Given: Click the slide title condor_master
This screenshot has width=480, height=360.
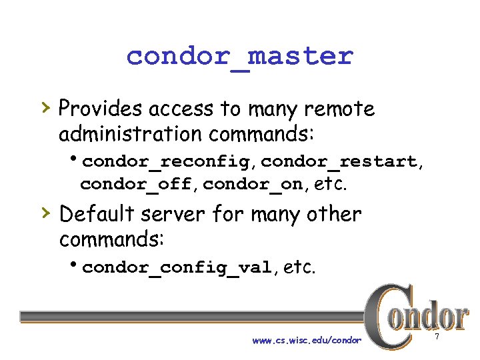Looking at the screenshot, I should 239,56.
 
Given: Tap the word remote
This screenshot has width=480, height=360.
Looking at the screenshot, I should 343,108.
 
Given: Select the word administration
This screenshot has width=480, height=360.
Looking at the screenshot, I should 130,134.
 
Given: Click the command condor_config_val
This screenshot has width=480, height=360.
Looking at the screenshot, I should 177,268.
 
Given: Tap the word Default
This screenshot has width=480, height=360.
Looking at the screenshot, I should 97,215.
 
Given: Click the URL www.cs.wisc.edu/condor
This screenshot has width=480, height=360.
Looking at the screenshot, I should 307,341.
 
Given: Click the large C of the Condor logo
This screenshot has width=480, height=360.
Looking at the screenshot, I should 384,316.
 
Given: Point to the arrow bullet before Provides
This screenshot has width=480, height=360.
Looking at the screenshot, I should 45,107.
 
